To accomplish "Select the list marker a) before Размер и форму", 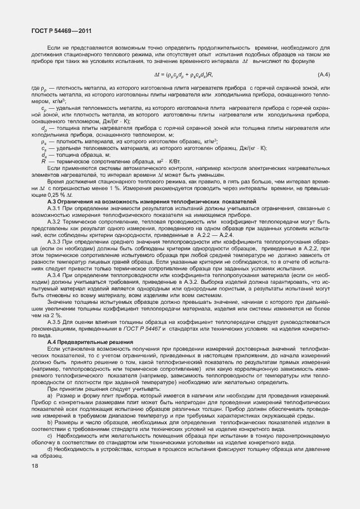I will point(50,395).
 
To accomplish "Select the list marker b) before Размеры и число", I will point(50,422).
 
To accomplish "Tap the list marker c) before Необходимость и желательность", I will point(50,435).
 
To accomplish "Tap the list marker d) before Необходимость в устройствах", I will point(50,449).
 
